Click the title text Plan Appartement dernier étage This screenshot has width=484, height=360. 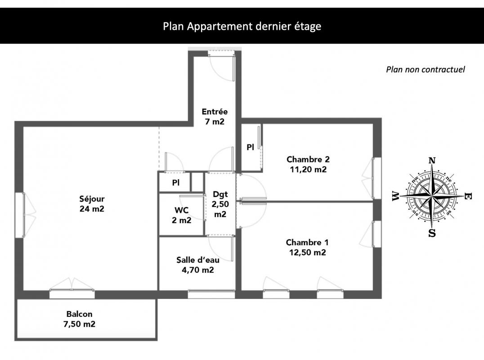click(x=242, y=26)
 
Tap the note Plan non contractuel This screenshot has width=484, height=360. click(x=426, y=69)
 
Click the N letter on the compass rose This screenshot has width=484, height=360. click(x=432, y=161)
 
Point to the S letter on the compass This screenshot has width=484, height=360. click(x=432, y=233)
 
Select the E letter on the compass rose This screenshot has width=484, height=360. click(x=468, y=196)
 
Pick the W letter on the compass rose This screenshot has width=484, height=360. click(x=395, y=196)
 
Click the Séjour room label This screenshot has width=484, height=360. click(x=92, y=199)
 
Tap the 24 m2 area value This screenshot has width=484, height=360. click(x=92, y=209)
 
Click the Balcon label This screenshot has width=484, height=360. click(x=79, y=314)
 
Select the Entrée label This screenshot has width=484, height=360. click(x=215, y=112)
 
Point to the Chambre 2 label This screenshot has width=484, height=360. click(x=308, y=159)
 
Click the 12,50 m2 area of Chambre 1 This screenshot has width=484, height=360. click(x=307, y=252)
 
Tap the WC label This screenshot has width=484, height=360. click(x=182, y=210)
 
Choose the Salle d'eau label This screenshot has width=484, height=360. click(x=198, y=260)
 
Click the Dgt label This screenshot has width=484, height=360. click(x=220, y=194)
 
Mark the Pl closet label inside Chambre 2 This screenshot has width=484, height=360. click(x=251, y=148)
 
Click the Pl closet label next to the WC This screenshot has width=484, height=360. click(x=175, y=183)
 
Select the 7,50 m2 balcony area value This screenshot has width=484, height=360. click(x=79, y=324)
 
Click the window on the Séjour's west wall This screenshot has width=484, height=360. click(x=20, y=215)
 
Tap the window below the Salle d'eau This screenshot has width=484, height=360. click(x=211, y=294)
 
